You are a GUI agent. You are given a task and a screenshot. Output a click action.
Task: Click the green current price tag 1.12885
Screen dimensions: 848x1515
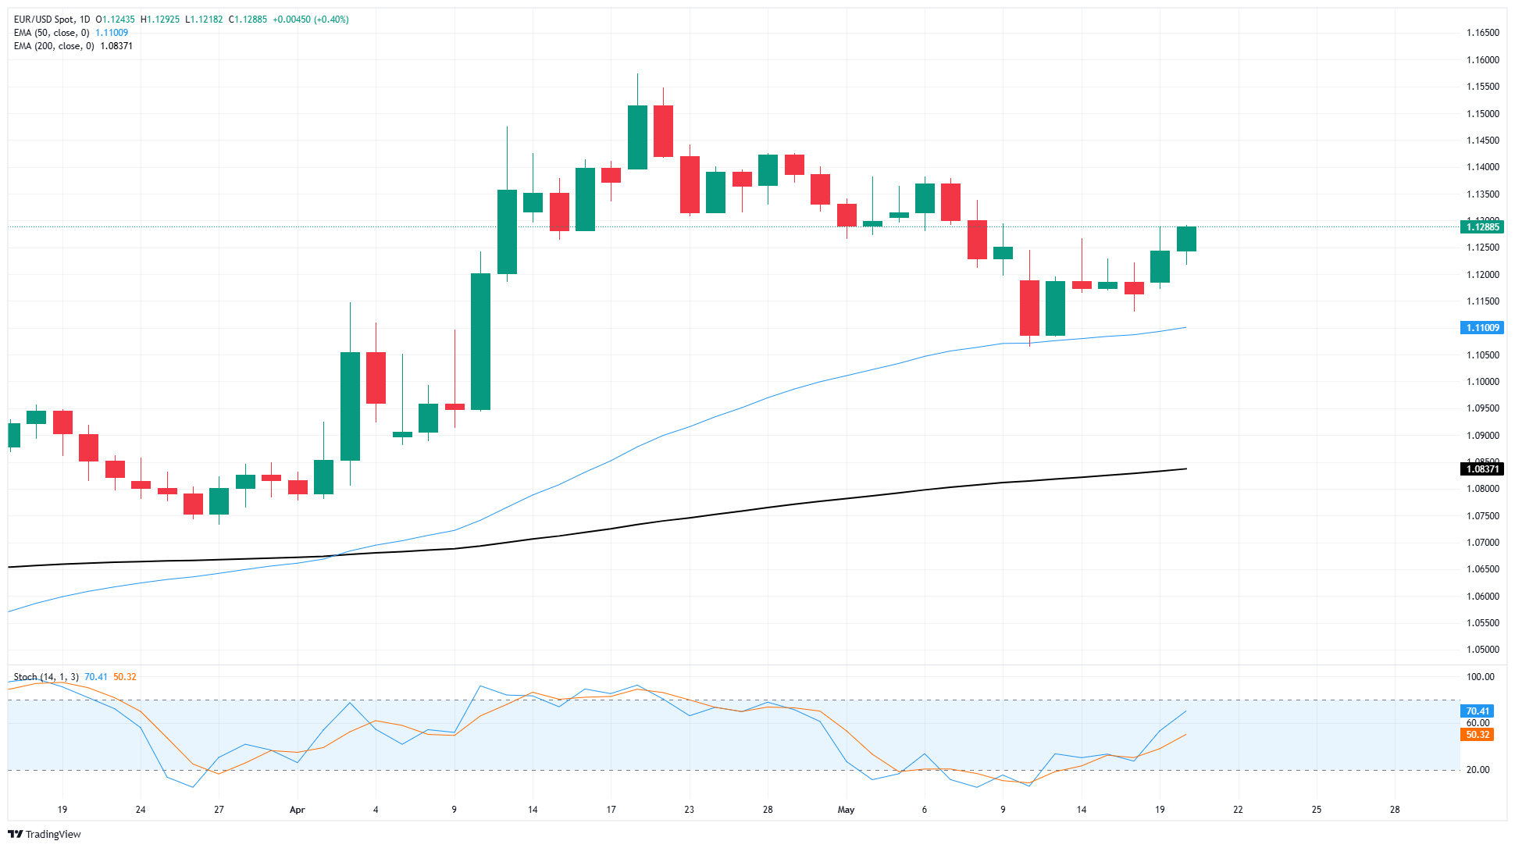point(1481,227)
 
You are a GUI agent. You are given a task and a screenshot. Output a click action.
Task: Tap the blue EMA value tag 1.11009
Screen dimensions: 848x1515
point(1481,328)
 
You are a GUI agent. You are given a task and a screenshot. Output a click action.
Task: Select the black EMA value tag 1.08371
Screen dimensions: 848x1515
point(1481,469)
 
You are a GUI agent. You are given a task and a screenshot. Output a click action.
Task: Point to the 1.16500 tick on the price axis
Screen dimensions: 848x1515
point(1482,33)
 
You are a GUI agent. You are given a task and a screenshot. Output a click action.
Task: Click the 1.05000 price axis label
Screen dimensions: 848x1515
point(1482,650)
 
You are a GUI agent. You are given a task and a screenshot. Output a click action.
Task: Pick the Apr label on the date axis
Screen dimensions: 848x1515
point(297,810)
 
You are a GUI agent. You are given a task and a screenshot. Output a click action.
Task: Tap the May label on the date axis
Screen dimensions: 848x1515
point(846,810)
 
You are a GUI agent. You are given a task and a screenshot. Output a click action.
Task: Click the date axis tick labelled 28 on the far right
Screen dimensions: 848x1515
point(1395,810)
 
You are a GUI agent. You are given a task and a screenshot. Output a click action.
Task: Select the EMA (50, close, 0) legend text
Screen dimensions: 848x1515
point(52,33)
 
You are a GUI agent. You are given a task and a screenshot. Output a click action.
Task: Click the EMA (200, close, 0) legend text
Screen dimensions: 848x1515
point(54,46)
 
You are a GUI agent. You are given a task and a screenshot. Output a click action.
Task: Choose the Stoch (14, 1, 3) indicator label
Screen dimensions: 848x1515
point(46,677)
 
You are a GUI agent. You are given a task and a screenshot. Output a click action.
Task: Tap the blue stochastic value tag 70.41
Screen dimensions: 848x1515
point(1477,711)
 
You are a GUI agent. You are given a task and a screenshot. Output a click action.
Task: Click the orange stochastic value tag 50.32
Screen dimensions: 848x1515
point(1477,735)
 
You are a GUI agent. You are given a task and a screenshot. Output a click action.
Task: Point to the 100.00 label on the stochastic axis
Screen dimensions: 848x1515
point(1480,677)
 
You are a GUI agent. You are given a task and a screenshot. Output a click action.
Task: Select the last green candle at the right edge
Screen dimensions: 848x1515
point(1186,239)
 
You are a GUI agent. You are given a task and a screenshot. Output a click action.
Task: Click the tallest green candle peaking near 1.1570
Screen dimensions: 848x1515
point(637,137)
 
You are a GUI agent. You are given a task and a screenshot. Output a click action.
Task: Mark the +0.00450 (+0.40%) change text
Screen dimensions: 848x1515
point(310,20)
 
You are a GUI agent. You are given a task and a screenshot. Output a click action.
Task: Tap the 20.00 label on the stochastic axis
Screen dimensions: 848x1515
point(1478,770)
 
